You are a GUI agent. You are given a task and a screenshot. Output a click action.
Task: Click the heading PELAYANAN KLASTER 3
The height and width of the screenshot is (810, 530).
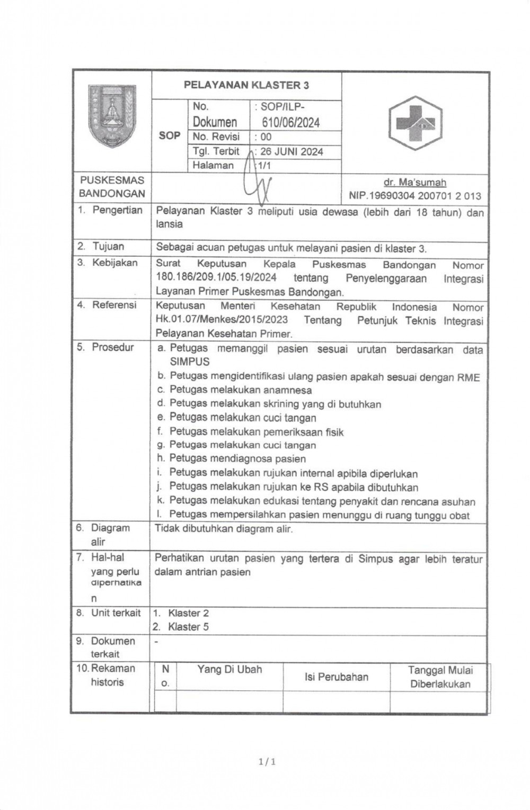(x=246, y=85)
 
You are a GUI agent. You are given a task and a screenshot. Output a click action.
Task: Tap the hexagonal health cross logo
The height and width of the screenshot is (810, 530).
(x=415, y=123)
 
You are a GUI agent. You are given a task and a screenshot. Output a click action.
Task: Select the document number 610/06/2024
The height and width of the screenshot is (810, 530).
(x=291, y=123)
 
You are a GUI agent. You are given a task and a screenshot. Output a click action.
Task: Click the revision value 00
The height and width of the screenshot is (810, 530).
(x=266, y=137)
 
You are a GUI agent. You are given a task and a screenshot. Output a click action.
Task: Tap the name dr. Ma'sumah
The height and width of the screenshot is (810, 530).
(x=414, y=183)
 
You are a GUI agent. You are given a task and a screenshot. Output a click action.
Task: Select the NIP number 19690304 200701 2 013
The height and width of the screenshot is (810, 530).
(x=415, y=196)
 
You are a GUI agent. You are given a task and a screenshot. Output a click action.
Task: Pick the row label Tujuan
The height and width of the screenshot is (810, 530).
(x=108, y=246)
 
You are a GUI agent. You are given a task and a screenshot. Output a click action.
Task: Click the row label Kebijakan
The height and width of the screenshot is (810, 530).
(x=114, y=263)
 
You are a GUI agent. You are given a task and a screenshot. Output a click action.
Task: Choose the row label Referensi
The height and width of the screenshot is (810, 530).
(x=114, y=305)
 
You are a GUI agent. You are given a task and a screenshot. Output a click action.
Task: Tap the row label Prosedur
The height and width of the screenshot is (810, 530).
(x=112, y=347)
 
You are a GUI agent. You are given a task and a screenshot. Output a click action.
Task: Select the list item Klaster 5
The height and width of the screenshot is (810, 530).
(x=188, y=627)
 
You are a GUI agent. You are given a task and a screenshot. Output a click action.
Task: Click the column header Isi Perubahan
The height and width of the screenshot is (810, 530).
(x=336, y=677)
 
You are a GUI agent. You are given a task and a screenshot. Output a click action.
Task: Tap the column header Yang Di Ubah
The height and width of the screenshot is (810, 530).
(x=229, y=670)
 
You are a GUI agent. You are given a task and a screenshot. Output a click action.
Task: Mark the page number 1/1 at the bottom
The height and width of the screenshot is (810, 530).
(x=267, y=762)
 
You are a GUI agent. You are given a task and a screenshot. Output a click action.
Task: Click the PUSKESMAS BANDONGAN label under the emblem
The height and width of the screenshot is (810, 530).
(x=112, y=187)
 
